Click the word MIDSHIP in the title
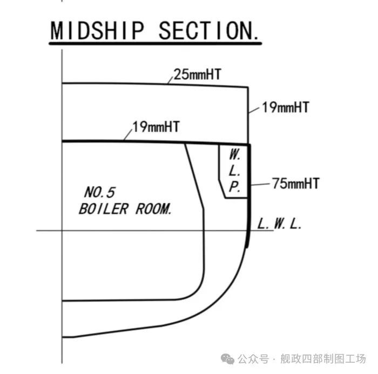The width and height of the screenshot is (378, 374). click(x=97, y=31)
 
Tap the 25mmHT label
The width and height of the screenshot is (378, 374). click(x=197, y=75)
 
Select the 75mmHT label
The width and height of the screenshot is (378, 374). click(x=296, y=183)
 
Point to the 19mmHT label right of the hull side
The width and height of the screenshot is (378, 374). click(x=286, y=108)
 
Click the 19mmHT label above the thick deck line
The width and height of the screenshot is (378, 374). click(x=156, y=126)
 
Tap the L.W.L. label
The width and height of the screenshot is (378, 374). click(x=279, y=224)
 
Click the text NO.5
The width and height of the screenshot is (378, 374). click(x=99, y=192)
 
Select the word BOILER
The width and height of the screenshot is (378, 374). click(x=104, y=209)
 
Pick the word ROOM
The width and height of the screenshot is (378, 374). click(x=154, y=209)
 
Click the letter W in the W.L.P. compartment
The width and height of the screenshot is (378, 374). click(x=234, y=155)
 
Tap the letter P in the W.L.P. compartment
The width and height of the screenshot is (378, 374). click(x=234, y=187)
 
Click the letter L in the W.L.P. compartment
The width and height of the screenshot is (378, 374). click(x=234, y=171)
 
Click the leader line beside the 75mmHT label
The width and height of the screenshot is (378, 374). click(x=260, y=185)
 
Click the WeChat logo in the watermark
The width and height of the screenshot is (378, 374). click(x=227, y=358)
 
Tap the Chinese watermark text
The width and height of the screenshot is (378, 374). click(x=301, y=359)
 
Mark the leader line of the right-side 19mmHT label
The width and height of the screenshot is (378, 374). click(x=254, y=110)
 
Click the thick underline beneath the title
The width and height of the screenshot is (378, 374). click(x=156, y=44)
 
